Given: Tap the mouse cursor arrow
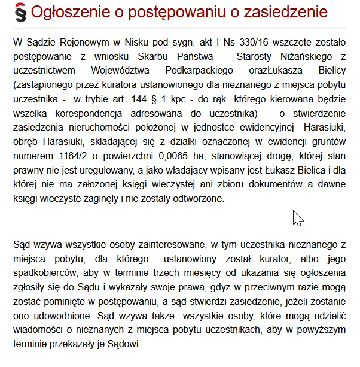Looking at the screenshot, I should point(297,217).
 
